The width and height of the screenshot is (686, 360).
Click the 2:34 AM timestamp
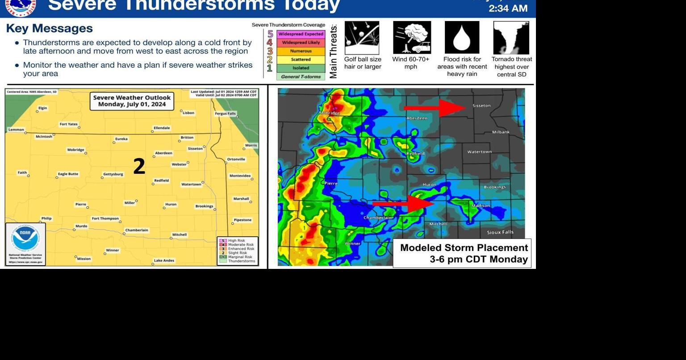(508, 8)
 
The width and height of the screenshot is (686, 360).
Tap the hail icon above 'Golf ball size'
(362, 38)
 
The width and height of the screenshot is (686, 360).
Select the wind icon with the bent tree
(412, 38)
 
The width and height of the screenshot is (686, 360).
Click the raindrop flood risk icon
(462, 38)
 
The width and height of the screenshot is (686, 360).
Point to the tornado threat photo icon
(511, 38)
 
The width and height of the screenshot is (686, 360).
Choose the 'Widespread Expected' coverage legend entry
(301, 34)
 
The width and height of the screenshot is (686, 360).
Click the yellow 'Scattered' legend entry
(301, 59)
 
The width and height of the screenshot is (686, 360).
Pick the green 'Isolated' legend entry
(301, 68)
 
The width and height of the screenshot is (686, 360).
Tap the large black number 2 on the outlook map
(139, 167)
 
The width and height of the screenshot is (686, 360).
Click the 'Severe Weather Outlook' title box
(132, 101)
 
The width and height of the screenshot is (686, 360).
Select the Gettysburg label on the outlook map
(113, 174)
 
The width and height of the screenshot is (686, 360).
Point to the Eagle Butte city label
(68, 174)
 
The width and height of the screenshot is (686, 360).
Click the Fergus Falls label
(225, 113)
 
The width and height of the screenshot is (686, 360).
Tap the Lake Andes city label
(164, 260)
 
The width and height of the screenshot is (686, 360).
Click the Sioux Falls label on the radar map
(500, 232)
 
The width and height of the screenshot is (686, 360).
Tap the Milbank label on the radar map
(501, 132)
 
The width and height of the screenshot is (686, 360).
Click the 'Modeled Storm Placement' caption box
(462, 253)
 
